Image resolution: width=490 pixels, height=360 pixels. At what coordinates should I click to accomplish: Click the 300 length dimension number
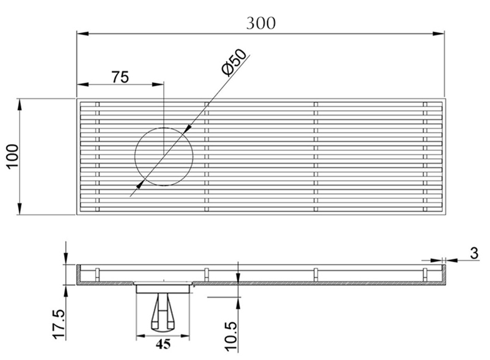261,23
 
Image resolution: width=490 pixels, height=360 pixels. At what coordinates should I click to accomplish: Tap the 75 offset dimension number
120,77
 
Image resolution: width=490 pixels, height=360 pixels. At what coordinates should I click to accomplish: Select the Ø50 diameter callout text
234,62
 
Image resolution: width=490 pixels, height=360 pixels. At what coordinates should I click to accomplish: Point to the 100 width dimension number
13,156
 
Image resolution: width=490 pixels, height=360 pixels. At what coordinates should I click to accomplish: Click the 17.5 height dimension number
59,324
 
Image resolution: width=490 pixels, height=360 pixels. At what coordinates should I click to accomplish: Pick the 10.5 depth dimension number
231,336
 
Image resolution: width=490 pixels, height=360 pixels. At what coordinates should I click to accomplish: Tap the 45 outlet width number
163,344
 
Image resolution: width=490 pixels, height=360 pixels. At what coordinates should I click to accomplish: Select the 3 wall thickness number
474,253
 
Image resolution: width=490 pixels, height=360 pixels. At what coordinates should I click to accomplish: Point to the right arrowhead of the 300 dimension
439,34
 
